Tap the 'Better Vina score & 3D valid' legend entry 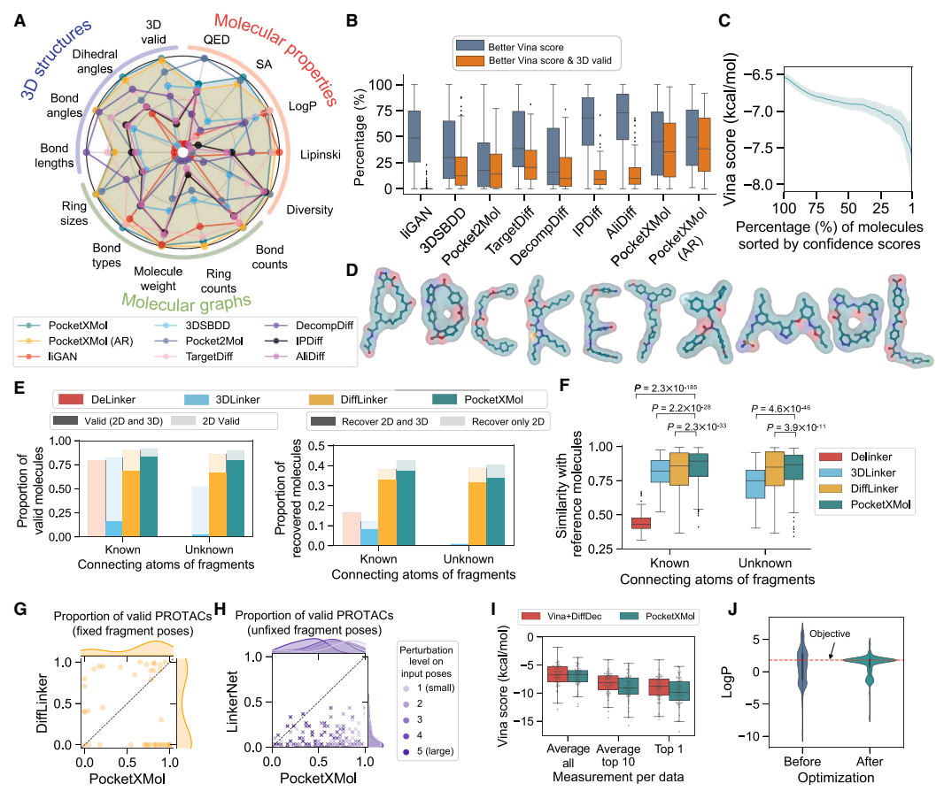539,59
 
